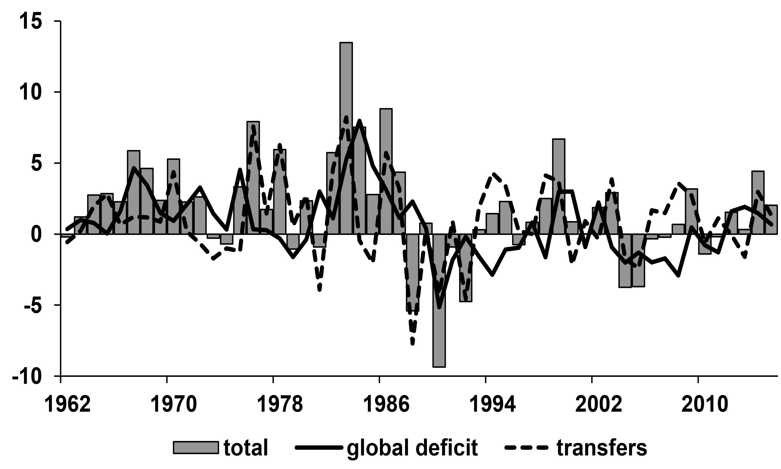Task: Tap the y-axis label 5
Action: tap(36, 163)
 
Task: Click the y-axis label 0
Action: tap(36, 234)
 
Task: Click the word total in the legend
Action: tap(246, 448)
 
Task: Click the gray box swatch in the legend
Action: tap(196, 448)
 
